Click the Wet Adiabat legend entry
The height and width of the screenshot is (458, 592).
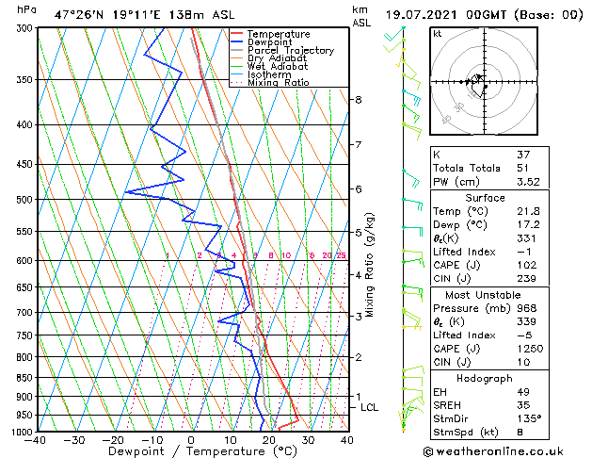coord(275,66)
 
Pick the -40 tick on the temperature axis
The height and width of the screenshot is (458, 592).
coord(36,440)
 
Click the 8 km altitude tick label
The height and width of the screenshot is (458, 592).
coord(359,100)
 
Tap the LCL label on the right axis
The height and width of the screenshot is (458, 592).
coord(369,407)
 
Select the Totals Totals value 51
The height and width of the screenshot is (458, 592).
coord(524,168)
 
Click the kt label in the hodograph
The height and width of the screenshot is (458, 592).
coord(438,34)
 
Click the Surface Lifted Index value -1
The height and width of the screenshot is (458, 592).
coord(523,252)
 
